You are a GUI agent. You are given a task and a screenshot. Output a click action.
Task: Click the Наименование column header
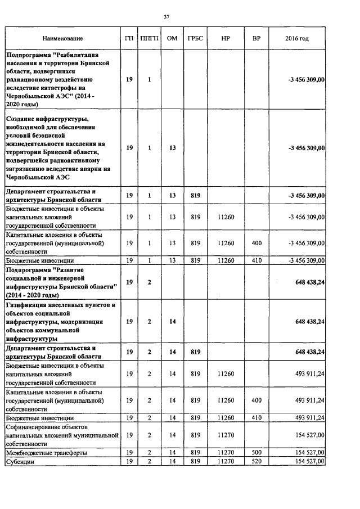point(62,38)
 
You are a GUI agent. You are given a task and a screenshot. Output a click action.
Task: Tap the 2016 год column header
point(297,38)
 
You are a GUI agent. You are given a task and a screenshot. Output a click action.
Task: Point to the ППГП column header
point(149,38)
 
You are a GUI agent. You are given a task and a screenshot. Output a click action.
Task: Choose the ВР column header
point(256,38)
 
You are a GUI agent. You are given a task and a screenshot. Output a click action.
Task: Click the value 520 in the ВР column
point(256,461)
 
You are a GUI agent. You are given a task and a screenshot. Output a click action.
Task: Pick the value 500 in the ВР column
point(256,452)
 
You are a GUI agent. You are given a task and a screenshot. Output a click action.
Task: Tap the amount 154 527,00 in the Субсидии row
point(307,461)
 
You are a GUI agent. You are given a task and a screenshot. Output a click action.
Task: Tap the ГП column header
point(129,38)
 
